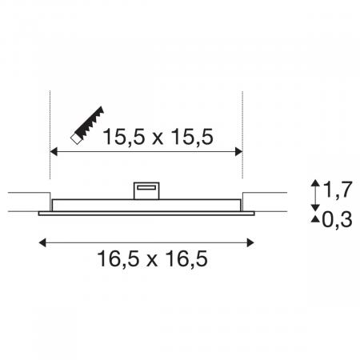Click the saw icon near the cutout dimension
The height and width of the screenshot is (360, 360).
point(87,126)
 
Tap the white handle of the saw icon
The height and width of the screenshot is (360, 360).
point(76,139)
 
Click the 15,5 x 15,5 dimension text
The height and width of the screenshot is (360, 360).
point(158,137)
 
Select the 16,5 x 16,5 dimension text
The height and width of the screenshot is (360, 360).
point(152,258)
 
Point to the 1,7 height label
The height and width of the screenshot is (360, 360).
point(338,190)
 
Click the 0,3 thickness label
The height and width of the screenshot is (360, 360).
point(338,219)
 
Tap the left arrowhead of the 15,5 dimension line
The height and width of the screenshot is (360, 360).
point(54,152)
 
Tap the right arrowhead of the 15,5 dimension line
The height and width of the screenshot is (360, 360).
point(238,152)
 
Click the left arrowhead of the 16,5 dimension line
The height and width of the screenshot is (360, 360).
point(42,243)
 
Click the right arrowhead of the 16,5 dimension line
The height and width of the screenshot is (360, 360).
point(250,243)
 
